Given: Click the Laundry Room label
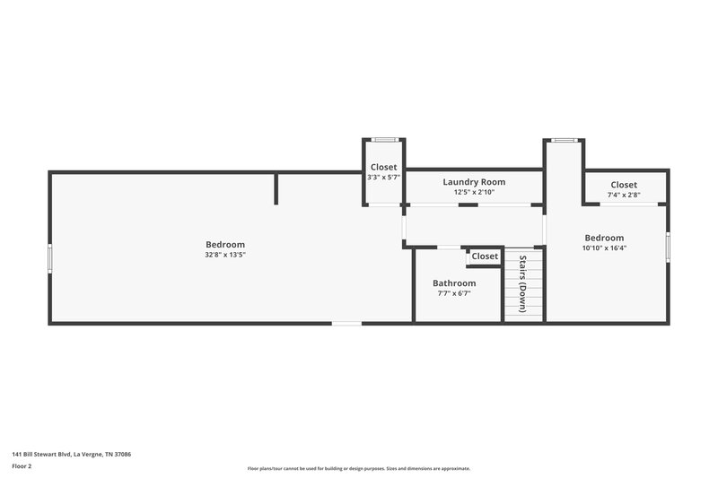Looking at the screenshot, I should (474, 182).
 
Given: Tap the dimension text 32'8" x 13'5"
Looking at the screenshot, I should (225, 255).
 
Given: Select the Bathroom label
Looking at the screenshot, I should (454, 283).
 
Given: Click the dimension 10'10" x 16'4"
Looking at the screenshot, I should (604, 248).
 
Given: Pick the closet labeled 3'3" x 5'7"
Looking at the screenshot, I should (384, 178).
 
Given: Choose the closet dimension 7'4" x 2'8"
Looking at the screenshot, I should (624, 195).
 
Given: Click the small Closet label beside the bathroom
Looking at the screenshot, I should (485, 256).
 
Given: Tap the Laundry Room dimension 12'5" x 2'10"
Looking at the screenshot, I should (474, 192).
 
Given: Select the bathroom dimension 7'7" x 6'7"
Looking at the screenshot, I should (454, 293).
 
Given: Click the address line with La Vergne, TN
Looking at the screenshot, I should (71, 454).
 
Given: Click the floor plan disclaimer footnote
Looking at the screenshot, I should (358, 468).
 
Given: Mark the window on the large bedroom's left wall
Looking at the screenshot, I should (50, 257).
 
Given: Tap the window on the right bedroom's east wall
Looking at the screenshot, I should (668, 246).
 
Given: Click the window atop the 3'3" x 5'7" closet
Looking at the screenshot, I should (384, 139).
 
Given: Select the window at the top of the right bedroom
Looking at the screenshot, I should (565, 140).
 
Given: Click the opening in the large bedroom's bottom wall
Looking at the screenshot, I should (346, 323).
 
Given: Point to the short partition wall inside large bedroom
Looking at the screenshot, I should (276, 189).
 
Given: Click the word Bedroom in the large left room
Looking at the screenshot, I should (225, 245).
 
